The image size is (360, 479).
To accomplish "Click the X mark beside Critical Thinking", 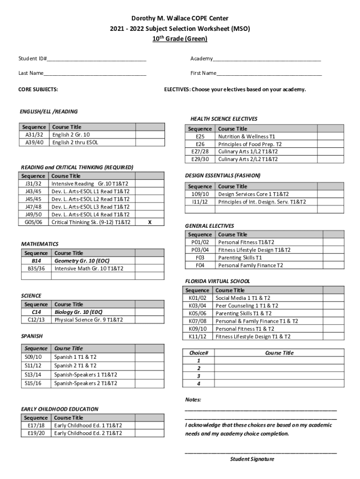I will tap(149, 222).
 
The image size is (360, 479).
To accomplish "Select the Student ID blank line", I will tap(96, 60).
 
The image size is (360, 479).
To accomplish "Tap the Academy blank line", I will tap(266, 60).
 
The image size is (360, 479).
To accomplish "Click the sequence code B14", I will tap(36, 261).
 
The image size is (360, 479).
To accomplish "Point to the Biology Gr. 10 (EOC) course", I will tap(79, 312).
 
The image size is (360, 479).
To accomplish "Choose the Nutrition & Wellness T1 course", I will tap(246, 137).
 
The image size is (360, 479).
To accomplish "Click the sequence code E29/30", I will tap(200, 159).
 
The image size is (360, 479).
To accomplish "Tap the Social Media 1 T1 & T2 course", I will tap(243, 298).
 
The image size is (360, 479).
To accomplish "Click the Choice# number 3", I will tap(199, 376).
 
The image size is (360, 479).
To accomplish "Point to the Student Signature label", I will tap(252, 459).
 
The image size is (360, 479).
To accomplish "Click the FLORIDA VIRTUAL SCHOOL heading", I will tap(217, 281).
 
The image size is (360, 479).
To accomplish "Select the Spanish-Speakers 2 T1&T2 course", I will tap(86, 384).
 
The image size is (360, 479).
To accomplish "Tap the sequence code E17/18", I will tap(36, 426).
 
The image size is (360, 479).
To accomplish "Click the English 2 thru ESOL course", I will tap(75, 142).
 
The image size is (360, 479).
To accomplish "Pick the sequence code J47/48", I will tap(33, 207).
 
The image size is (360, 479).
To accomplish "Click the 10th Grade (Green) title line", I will tap(180, 39).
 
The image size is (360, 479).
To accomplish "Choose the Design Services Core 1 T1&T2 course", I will tap(253, 194).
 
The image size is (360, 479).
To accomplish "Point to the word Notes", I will tap(193, 400).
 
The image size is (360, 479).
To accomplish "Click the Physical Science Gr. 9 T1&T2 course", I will tap(89, 320).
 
